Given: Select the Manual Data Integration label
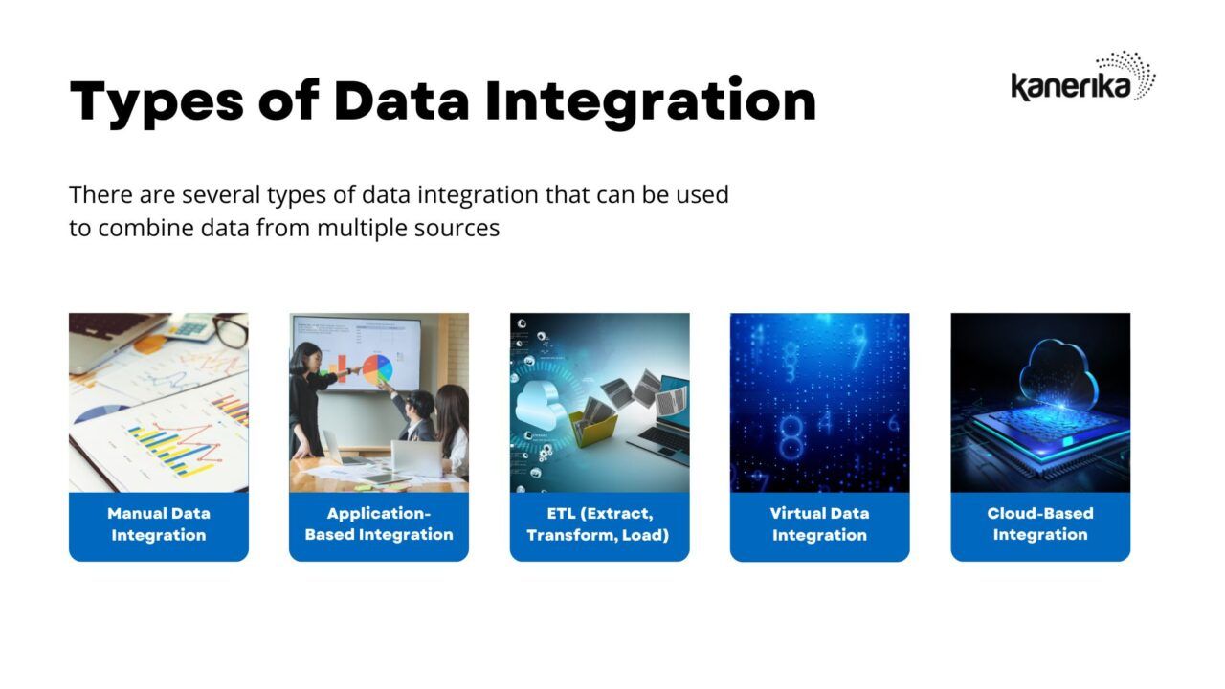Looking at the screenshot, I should click(158, 524).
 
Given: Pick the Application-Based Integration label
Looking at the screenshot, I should click(379, 524).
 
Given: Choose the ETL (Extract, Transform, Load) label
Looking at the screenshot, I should click(599, 524).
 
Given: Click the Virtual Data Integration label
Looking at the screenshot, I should click(819, 524).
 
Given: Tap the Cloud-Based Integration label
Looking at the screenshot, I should click(1040, 524).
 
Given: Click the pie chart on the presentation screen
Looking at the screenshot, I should click(377, 368).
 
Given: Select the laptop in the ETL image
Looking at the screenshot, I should click(665, 421).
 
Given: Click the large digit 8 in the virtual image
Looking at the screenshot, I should click(791, 435).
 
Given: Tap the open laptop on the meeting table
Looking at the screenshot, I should click(415, 457).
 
